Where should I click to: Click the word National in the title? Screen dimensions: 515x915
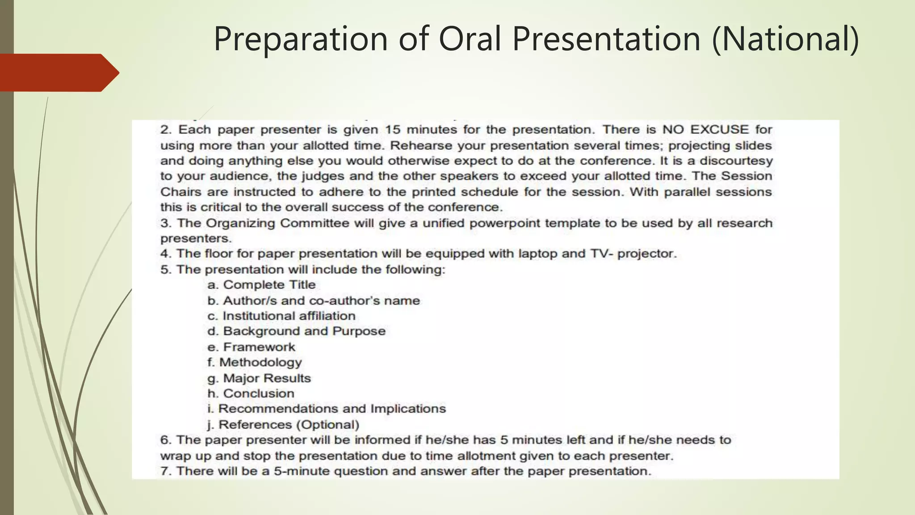[x=785, y=39]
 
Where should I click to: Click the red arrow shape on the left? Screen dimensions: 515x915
[x=58, y=73]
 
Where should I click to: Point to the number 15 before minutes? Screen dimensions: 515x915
[x=393, y=130]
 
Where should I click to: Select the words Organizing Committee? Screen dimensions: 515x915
[x=277, y=223]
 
